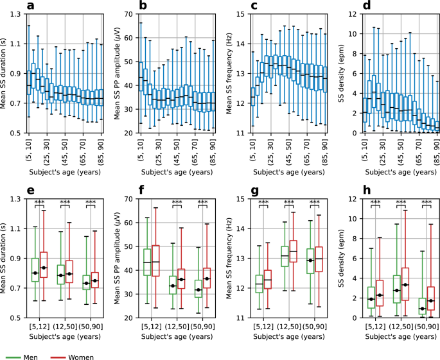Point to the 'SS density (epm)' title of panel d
click(x=341, y=73)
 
